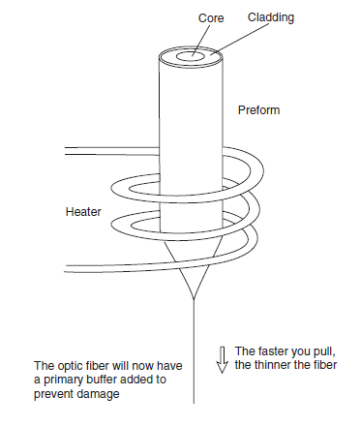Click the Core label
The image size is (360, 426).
[x=211, y=18]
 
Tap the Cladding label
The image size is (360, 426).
[x=271, y=17]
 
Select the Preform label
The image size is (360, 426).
[x=258, y=110]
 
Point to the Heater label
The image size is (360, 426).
[x=83, y=212]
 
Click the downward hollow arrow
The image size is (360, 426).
[x=222, y=360]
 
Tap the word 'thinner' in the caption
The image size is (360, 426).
[x=274, y=365]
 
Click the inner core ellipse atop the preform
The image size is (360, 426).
[x=191, y=56]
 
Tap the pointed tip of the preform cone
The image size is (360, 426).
[x=194, y=299]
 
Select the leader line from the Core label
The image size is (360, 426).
[x=200, y=41]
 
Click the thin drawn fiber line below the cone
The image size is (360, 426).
[x=194, y=351]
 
